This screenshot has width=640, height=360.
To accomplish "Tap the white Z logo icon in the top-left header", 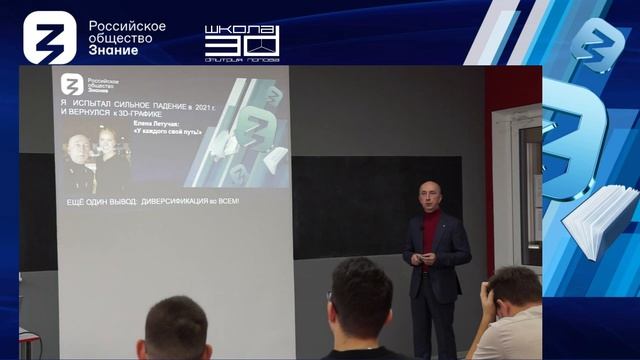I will tap(50, 37).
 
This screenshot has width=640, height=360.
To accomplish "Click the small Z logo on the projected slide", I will tap(72, 84).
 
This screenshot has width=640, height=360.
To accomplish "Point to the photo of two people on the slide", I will tap(95, 160).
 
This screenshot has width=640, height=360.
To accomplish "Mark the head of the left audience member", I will tap(178, 330).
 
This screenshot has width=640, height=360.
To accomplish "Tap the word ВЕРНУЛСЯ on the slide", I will tap(100, 113).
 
